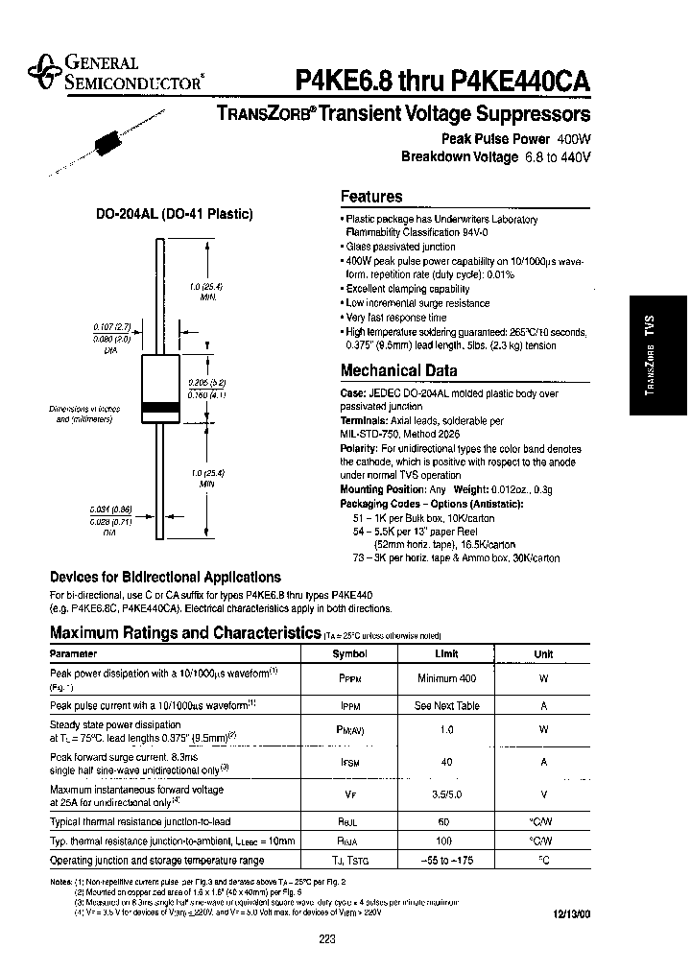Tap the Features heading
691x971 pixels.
pyautogui.click(x=371, y=197)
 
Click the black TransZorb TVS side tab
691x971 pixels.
pyautogui.click(x=657, y=354)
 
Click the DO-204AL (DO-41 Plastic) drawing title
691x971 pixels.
pyautogui.click(x=174, y=214)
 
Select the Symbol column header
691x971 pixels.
pyautogui.click(x=349, y=653)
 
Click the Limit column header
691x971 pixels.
pyautogui.click(x=446, y=653)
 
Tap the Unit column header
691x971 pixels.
pyautogui.click(x=543, y=654)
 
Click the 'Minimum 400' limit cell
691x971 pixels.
pyautogui.click(x=446, y=678)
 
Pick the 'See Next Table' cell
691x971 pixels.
pyautogui.click(x=446, y=705)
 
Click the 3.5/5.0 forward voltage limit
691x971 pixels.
pyautogui.click(x=446, y=794)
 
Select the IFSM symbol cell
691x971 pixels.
pyautogui.click(x=349, y=762)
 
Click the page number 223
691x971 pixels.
pyautogui.click(x=326, y=939)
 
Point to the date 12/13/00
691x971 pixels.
pyautogui.click(x=569, y=912)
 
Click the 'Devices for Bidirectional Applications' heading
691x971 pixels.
pyautogui.click(x=165, y=578)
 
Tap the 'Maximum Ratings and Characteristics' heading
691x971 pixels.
pyautogui.click(x=184, y=632)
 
